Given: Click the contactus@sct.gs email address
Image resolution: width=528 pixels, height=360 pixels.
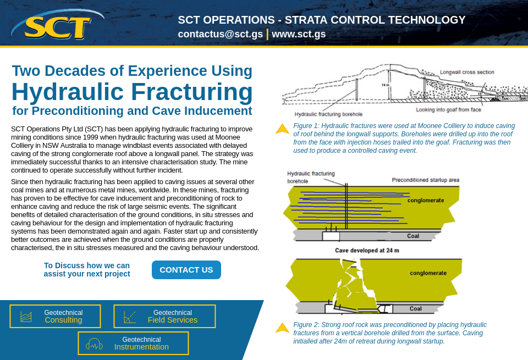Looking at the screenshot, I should pos(220,34).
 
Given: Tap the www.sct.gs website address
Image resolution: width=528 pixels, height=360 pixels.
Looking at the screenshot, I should pos(299,34).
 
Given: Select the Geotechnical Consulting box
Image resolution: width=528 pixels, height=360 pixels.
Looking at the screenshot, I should pos(55,316).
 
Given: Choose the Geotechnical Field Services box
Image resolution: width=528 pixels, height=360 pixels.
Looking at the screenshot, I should pos(164,316).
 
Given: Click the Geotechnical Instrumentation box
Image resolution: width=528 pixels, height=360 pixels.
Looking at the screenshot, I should pos(133,343).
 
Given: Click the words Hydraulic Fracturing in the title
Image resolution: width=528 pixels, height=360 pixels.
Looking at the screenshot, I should pos(132,92).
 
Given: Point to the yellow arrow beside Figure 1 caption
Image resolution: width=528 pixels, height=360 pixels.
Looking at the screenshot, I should pos(282,129).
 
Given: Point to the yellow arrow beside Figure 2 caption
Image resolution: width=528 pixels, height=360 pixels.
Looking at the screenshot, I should pos(282,328).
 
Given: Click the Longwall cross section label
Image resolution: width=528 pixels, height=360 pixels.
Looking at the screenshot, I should pos(466,72).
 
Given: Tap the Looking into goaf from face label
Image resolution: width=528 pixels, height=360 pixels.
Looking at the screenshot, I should pos(448,109).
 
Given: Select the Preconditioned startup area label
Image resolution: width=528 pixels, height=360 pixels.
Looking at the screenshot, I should pos(425,180).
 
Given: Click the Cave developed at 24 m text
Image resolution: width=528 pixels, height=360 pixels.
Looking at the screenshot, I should pos(367,250).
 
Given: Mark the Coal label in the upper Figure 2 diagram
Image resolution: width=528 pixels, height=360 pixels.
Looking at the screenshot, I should pos(413,236).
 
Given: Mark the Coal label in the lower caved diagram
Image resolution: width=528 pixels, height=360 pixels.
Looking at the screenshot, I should pos(415,308).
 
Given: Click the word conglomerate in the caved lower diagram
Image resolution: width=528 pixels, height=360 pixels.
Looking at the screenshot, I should pos(428,273).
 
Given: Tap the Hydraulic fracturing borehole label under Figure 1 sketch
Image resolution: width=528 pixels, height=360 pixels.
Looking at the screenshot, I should pos(328,114).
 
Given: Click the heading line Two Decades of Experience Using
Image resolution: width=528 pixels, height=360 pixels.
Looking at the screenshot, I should pos(132,71).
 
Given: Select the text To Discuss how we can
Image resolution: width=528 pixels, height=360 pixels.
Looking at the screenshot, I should pos(87,265).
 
